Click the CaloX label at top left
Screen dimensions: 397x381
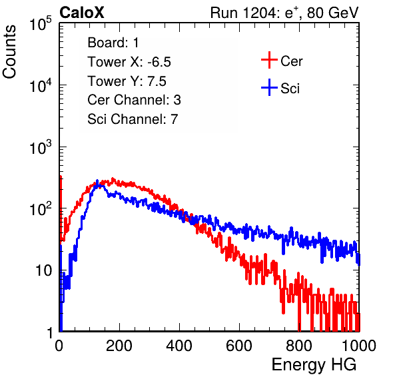point(81,13)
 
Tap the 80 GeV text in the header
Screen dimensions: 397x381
point(332,13)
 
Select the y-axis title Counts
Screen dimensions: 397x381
point(9,52)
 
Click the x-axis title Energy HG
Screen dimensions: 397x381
point(314,365)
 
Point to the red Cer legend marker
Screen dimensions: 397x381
point(269,60)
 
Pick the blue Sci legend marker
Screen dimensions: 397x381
point(269,88)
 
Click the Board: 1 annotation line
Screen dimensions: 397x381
point(113,43)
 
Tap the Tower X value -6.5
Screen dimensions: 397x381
point(159,62)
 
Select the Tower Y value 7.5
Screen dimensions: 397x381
point(157,81)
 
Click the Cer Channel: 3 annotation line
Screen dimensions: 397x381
point(134,100)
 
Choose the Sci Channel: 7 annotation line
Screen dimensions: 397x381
point(133,119)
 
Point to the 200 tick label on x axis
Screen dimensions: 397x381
point(119,346)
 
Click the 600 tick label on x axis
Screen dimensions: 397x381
point(239,346)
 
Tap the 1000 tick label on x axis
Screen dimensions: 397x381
point(358,346)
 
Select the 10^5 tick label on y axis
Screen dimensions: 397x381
point(41,24)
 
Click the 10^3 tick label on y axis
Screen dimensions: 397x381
point(41,147)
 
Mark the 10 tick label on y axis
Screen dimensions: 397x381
point(44,270)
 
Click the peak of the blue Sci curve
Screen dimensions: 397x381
point(97,181)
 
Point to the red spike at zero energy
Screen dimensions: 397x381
point(61,208)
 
